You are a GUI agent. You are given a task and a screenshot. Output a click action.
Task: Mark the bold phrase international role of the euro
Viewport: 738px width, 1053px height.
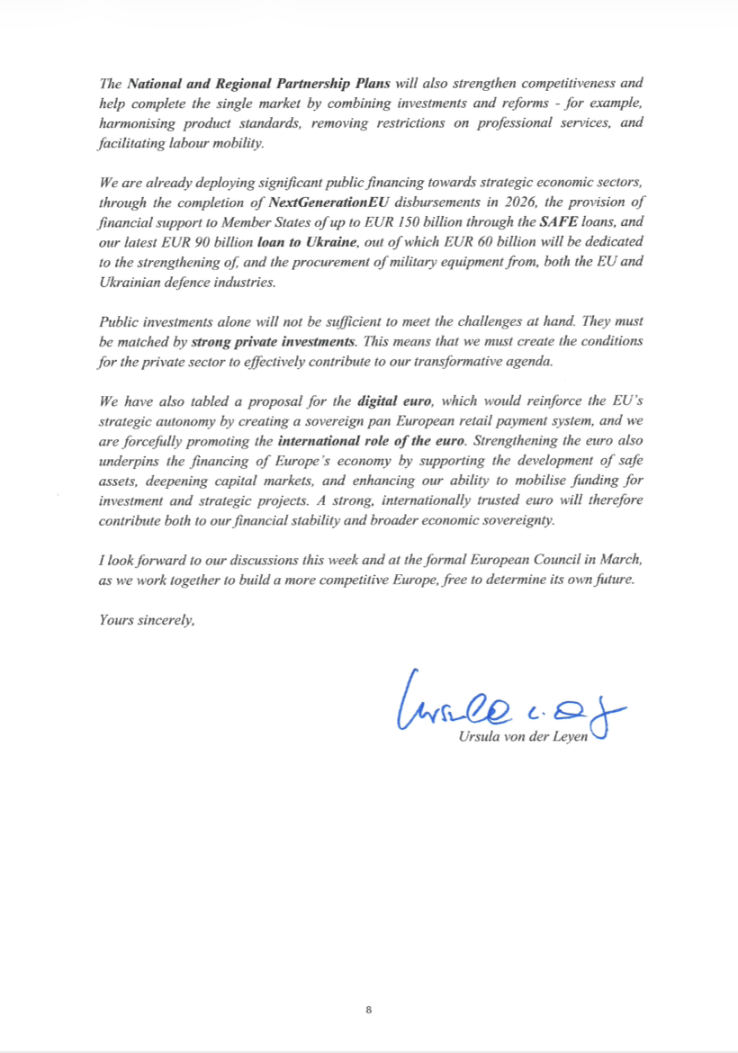point(372,441)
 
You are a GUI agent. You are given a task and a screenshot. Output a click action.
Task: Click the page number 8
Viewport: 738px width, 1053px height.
point(369,1010)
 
